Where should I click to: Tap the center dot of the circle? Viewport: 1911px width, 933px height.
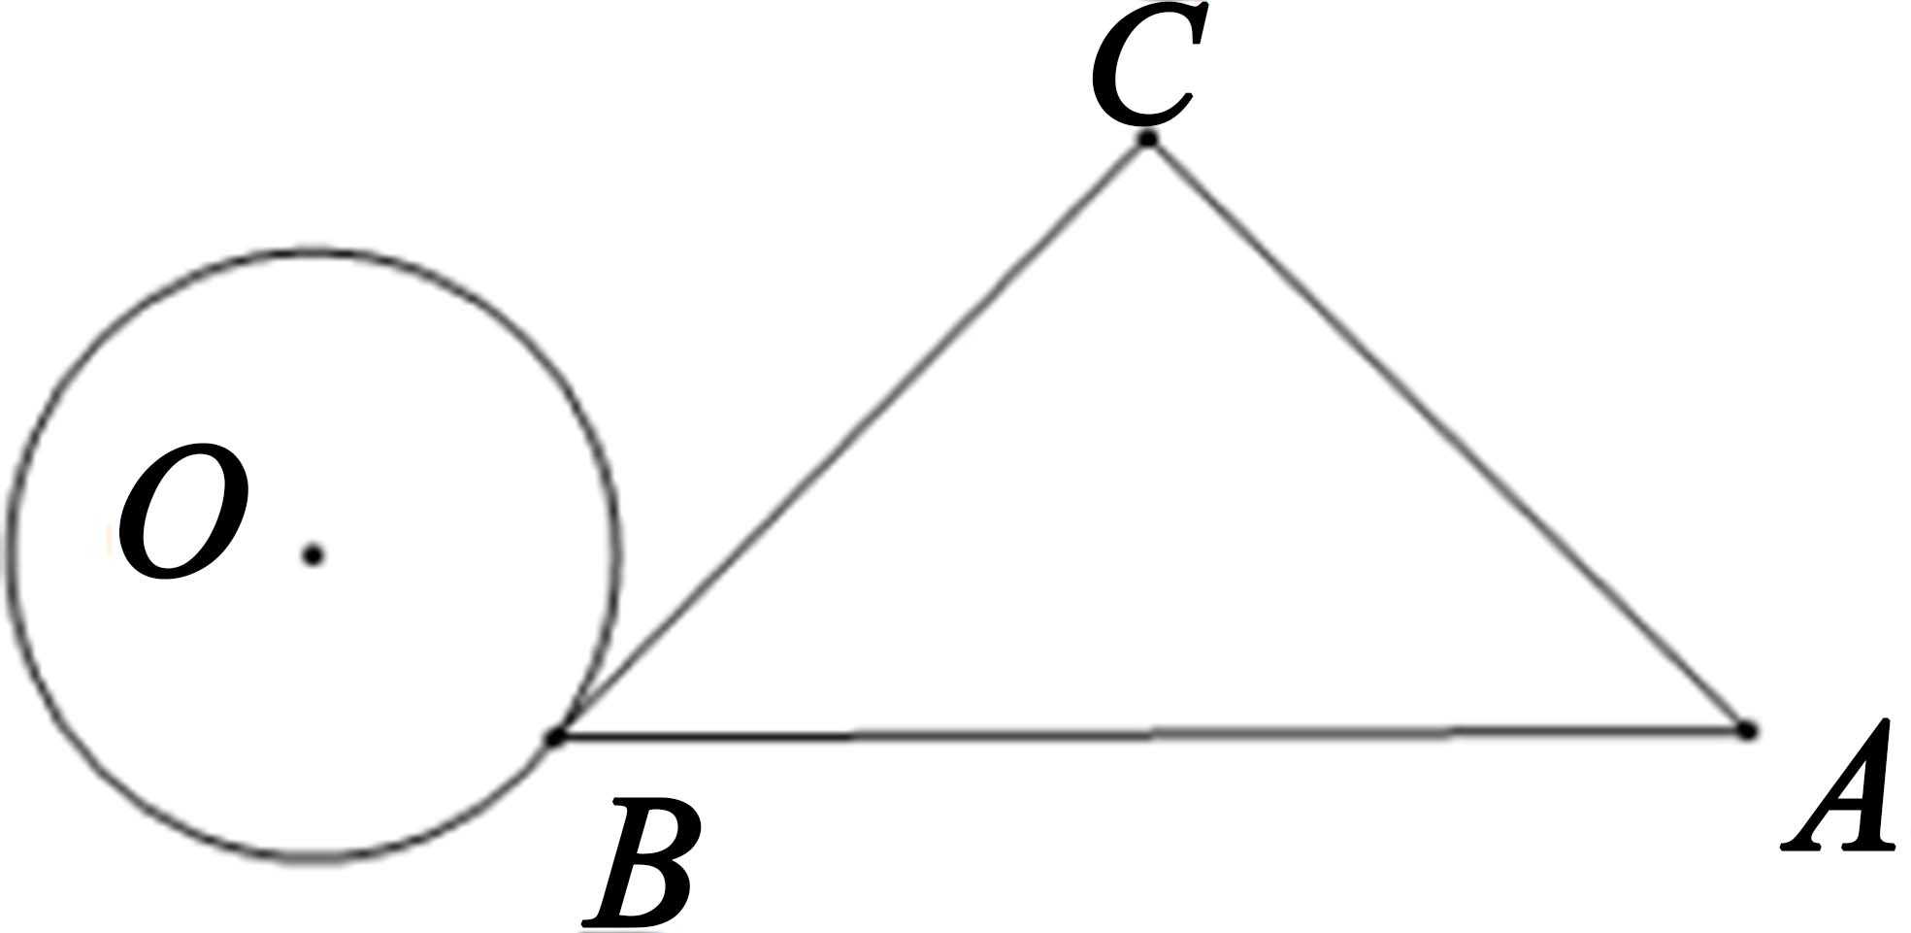click(313, 555)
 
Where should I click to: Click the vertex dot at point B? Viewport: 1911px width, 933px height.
click(555, 738)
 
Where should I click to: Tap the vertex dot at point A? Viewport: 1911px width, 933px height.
click(1747, 730)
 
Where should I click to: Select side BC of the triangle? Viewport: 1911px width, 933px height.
click(852, 439)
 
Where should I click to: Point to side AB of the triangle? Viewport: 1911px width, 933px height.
click(1151, 735)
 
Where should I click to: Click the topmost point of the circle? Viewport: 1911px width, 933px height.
click(313, 252)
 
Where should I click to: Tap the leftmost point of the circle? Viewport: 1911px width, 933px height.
click(10, 555)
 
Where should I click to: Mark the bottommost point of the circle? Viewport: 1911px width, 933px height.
click(313, 860)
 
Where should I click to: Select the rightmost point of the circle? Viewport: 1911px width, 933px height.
click(617, 555)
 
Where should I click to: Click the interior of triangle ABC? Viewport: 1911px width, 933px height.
click(1150, 534)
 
